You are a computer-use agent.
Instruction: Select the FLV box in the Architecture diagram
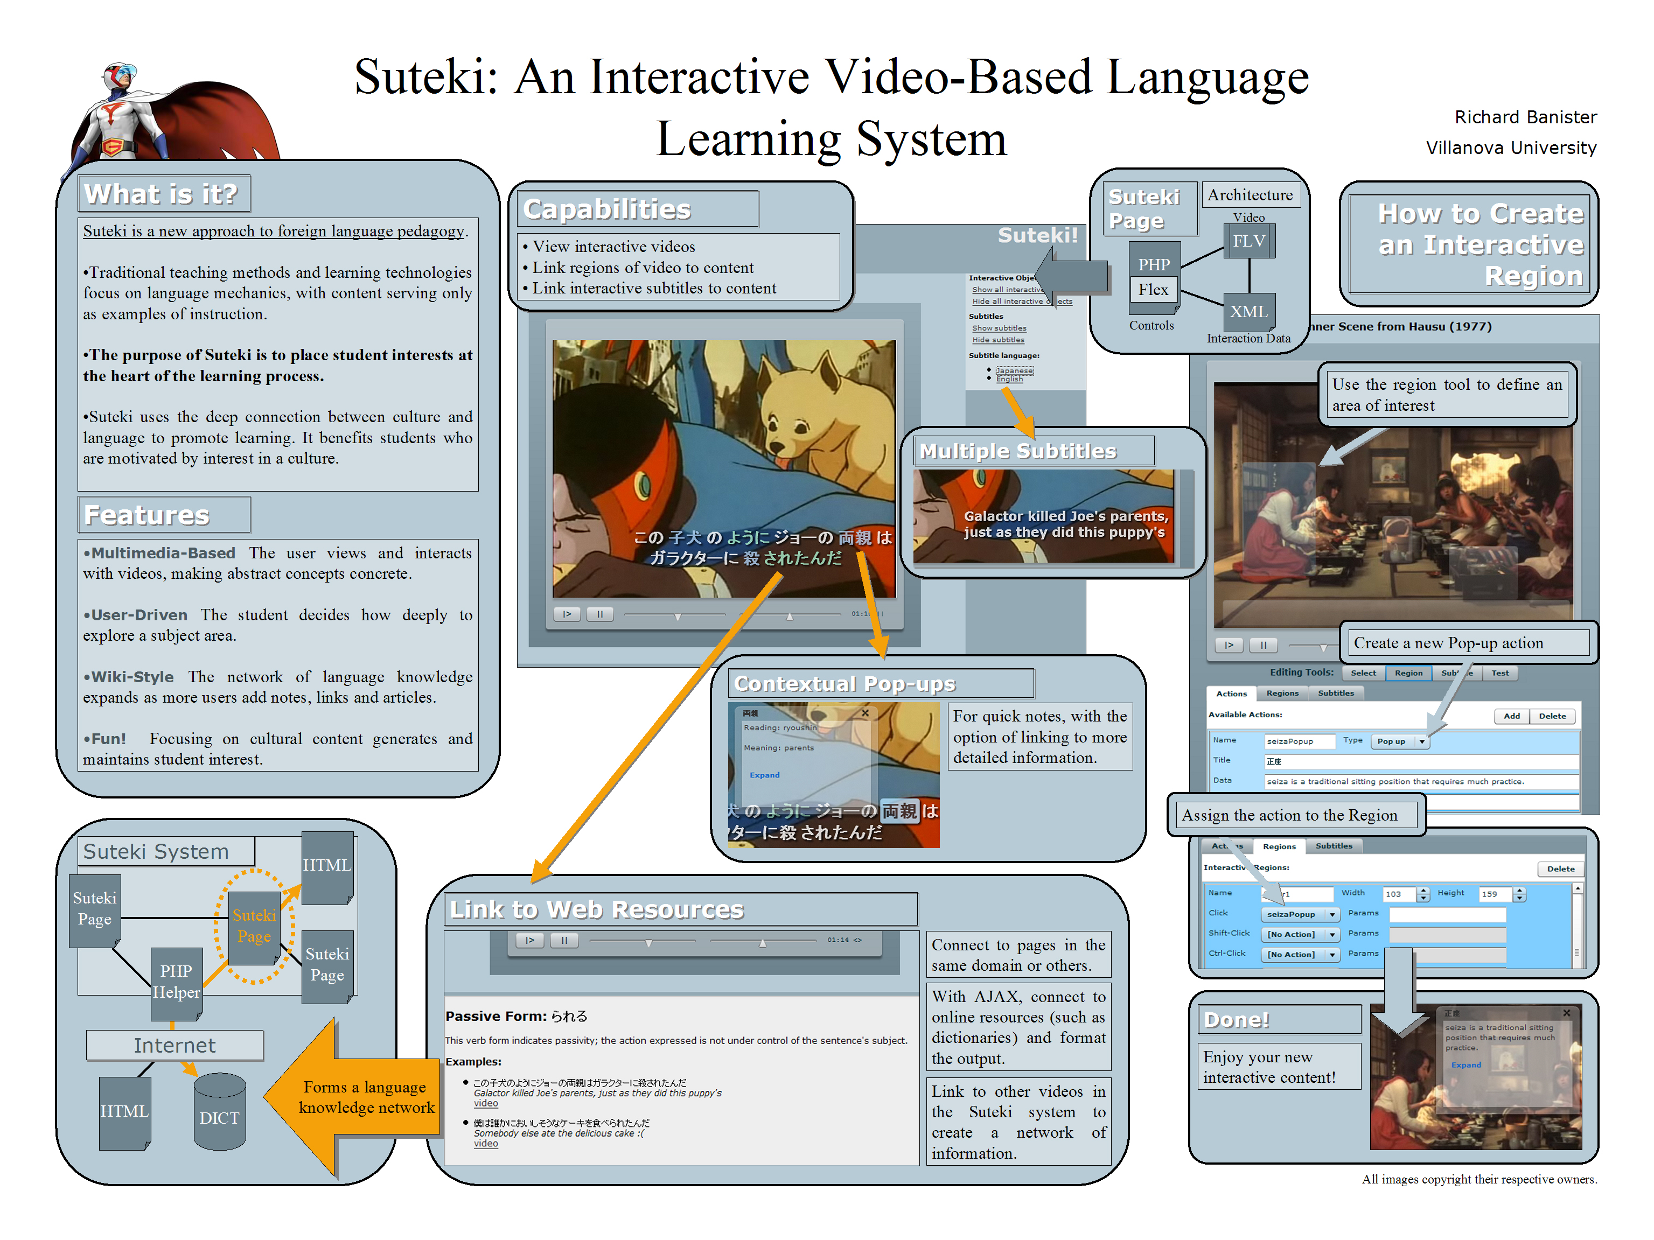pyautogui.click(x=1249, y=241)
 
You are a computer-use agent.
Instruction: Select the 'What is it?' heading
pyautogui.click(x=162, y=194)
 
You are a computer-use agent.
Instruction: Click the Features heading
pyautogui.click(x=148, y=515)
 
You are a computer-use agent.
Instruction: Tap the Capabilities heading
pyautogui.click(x=607, y=209)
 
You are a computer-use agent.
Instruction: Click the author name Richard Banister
pyautogui.click(x=1525, y=117)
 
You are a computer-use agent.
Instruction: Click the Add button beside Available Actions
pyautogui.click(x=1511, y=716)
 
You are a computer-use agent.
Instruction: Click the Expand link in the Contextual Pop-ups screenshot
pyautogui.click(x=764, y=775)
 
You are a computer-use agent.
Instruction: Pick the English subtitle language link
pyautogui.click(x=1009, y=379)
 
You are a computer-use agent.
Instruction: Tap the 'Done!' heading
pyautogui.click(x=1237, y=1019)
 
